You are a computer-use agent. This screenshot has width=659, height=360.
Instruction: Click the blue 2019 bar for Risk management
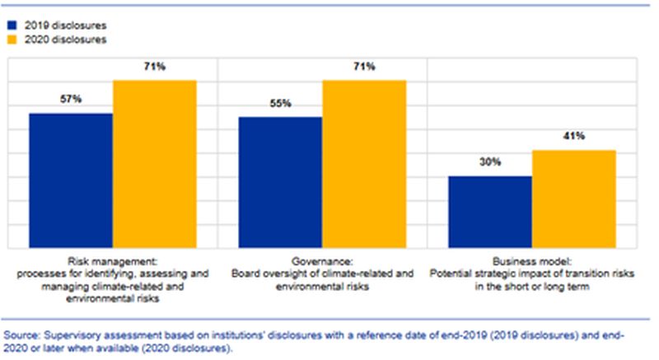click(x=71, y=180)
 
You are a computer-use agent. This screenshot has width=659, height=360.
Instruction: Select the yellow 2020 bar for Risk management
click(x=154, y=164)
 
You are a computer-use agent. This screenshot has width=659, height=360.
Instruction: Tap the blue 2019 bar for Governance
click(x=280, y=182)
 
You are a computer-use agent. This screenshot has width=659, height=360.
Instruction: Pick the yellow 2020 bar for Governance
click(x=363, y=164)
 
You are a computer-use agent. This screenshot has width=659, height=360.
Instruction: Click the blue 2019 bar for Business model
click(x=490, y=212)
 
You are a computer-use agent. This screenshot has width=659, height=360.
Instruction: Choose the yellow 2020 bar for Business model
click(x=573, y=199)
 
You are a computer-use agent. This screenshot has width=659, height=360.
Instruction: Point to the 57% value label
click(x=70, y=100)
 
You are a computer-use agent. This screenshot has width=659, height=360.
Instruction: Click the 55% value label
click(x=280, y=104)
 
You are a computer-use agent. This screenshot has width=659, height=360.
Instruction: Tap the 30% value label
click(x=490, y=163)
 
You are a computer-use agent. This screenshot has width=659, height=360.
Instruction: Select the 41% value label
click(x=574, y=137)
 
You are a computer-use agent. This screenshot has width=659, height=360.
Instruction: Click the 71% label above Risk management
click(x=154, y=66)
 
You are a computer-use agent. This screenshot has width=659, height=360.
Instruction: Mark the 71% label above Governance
click(x=364, y=66)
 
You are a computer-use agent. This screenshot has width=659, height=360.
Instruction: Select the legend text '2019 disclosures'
click(x=65, y=24)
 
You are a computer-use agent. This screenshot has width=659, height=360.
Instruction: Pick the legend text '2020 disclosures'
click(x=65, y=39)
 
